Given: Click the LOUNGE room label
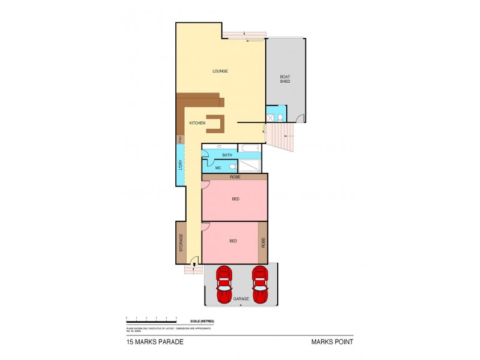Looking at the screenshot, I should pos(220,71).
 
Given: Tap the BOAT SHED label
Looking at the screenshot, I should pos(285,79).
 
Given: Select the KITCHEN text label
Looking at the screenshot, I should pos(197,123).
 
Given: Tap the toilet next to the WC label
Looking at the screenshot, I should pos(232,167).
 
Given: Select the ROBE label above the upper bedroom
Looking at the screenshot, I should pos(235,177).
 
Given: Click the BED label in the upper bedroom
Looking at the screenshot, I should pos(235,200).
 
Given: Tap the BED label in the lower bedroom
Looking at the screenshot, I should pos(233,241).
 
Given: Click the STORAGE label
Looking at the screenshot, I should pos(181,242).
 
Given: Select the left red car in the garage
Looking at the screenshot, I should pos(223,284).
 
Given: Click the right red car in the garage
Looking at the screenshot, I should pos(259,284).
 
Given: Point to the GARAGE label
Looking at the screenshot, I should pos(241,299).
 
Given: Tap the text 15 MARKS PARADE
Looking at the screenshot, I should pos(155,343).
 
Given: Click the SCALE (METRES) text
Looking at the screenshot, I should pos(201,321).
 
